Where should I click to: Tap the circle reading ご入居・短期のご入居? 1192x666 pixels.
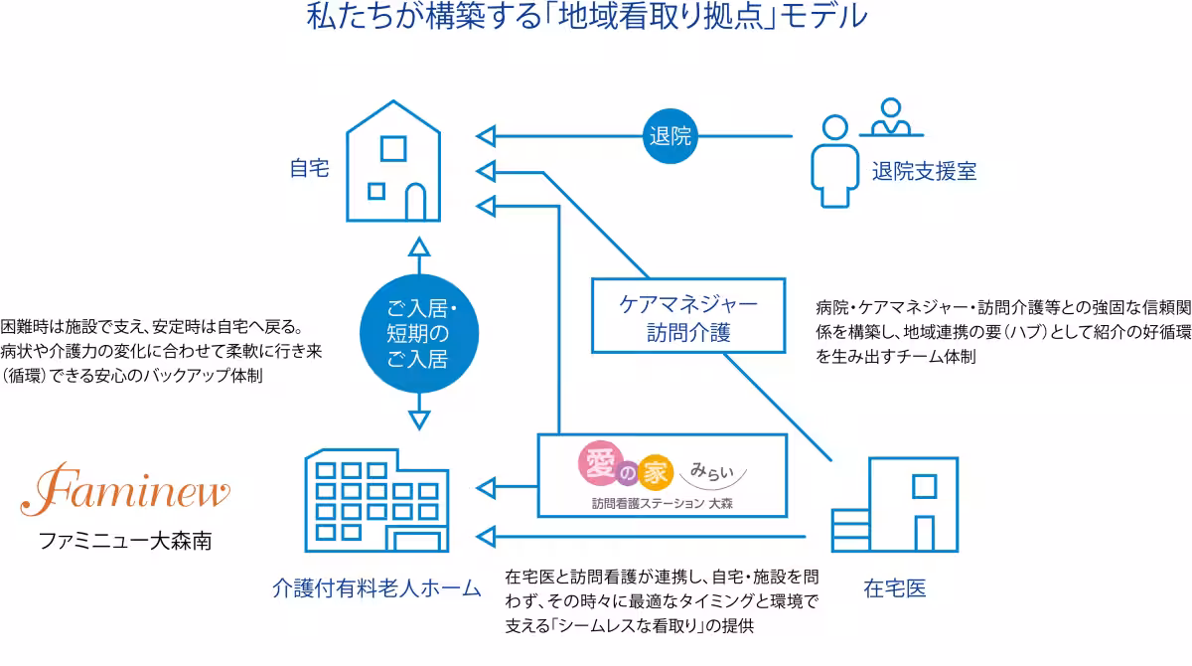point(418,332)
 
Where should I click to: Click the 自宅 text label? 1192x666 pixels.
point(309,168)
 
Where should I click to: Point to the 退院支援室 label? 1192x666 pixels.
point(924,171)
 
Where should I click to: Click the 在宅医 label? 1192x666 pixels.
point(894,588)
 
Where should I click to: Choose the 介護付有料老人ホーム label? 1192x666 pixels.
point(376,588)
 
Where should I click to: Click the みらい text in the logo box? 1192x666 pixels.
point(714,466)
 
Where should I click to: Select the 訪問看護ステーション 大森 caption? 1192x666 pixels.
point(663,503)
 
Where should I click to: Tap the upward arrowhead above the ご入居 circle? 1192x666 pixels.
point(418,249)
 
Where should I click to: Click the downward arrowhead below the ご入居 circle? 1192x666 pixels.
point(418,416)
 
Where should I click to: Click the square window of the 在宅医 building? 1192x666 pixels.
point(923,486)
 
